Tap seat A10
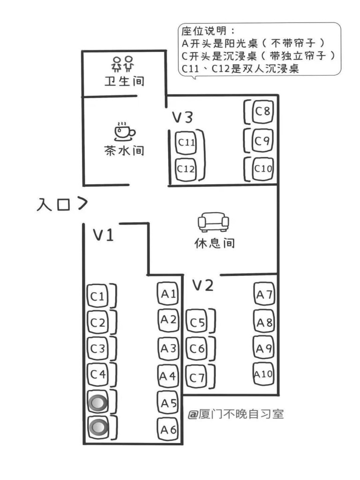[x=263, y=374]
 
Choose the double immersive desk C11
[x=186, y=142]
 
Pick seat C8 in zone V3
[x=262, y=112]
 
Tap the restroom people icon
[x=124, y=63]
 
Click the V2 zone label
[x=203, y=285]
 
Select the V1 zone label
[x=103, y=235]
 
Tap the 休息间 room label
[x=214, y=244]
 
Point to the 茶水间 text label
[x=124, y=151]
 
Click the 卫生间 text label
[x=124, y=81]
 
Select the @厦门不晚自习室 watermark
[x=236, y=414]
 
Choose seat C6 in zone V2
[x=197, y=349]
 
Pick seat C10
[x=262, y=168]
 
